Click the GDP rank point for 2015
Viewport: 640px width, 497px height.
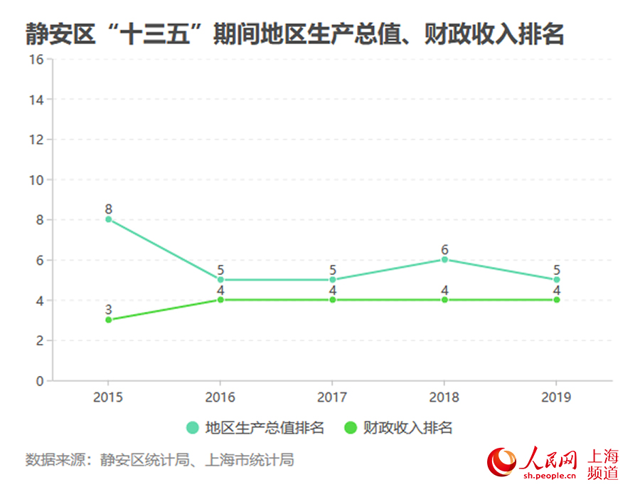coord(108,219)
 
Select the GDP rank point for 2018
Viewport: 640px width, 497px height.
coord(444,259)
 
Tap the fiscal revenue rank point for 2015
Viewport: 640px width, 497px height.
coord(108,320)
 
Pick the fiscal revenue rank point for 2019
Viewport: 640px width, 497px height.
coord(557,300)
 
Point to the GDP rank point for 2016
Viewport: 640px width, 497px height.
coord(220,280)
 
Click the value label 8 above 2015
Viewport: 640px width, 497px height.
coord(108,209)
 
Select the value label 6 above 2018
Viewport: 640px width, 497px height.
coord(444,249)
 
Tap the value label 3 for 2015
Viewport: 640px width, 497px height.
coord(108,310)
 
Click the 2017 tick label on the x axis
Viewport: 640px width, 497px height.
coord(332,397)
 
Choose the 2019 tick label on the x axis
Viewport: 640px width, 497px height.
coord(557,397)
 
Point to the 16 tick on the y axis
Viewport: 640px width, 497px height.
coord(36,59)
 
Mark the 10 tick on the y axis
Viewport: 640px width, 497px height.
coord(36,179)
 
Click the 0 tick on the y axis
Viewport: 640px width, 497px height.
coord(40,381)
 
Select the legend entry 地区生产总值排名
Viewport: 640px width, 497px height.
coord(255,428)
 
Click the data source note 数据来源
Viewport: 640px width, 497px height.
coord(159,460)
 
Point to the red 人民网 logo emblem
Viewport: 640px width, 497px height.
coord(501,464)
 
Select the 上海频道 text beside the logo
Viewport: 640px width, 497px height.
coord(604,464)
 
